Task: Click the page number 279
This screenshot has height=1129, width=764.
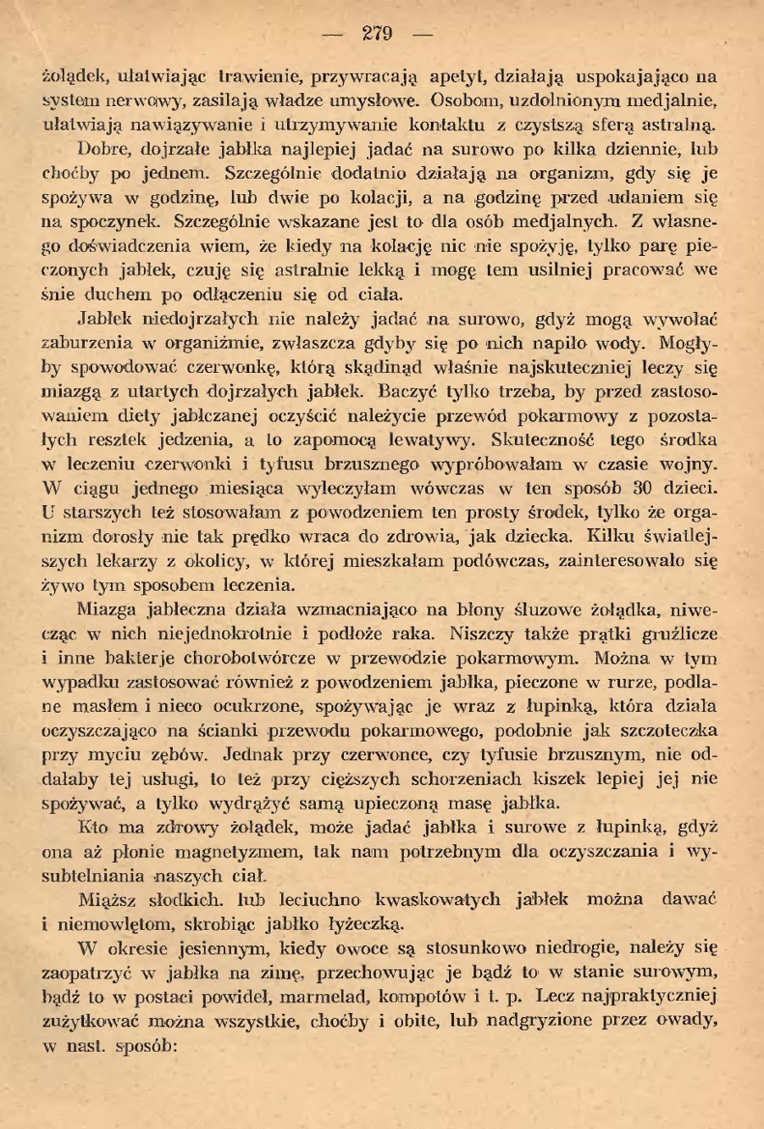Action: pos(377,34)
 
